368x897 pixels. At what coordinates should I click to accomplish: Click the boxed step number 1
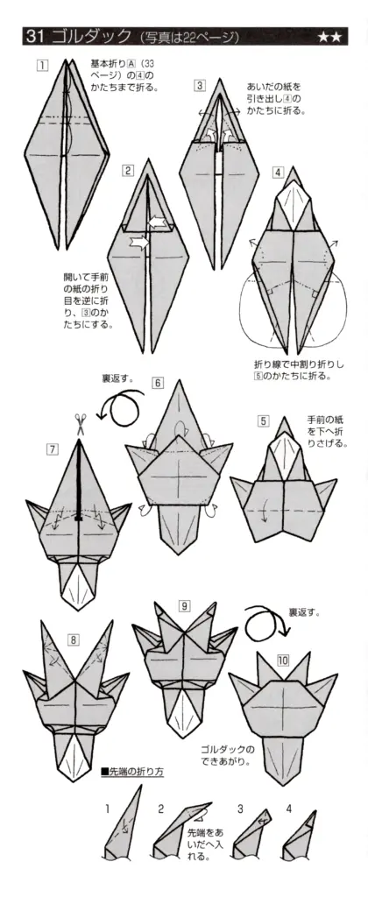(41, 67)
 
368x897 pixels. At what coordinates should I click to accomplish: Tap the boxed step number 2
(128, 170)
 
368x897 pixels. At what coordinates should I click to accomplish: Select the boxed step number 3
(200, 85)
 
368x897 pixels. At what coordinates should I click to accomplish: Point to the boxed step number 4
(278, 172)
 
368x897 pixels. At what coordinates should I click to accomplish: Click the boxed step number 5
(263, 420)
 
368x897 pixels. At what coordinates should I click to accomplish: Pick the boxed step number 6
(158, 382)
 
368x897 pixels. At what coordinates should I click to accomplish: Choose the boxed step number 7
(53, 449)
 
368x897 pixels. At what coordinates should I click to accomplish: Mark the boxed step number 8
(48, 639)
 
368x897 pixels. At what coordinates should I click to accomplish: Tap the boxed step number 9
(184, 606)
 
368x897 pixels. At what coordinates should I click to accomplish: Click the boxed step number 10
(283, 660)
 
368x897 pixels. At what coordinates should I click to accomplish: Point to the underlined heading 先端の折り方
(137, 772)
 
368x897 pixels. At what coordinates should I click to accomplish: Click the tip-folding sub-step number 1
(108, 809)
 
